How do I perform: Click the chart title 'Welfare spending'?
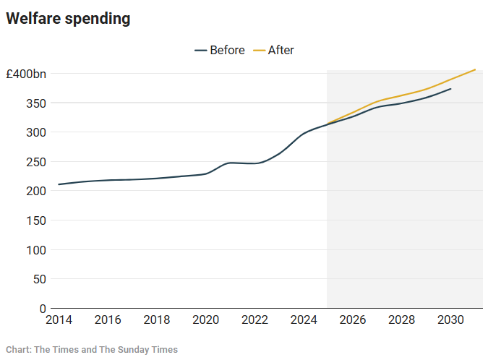(x=68, y=20)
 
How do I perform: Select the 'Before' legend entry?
(x=221, y=51)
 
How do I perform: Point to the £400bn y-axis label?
(x=26, y=74)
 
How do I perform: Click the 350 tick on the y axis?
(x=36, y=103)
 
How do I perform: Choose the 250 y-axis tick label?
(x=36, y=162)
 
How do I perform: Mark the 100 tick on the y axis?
(x=36, y=250)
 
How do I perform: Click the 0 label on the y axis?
(x=43, y=309)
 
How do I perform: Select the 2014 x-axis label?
(x=59, y=320)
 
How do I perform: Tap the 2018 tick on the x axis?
(x=157, y=320)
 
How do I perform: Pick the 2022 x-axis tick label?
(x=254, y=320)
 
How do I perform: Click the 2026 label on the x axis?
(x=353, y=320)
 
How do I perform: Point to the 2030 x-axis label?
(x=450, y=320)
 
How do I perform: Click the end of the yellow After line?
(x=475, y=69)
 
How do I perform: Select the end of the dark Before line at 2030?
(x=450, y=89)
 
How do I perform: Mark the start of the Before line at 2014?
(x=59, y=184)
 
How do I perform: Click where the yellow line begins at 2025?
(x=328, y=124)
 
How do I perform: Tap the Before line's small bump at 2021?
(x=230, y=163)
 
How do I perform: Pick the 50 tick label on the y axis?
(x=39, y=279)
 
